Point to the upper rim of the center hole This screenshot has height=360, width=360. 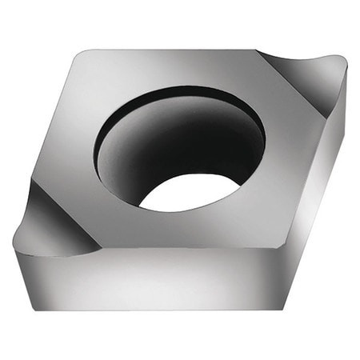click(180, 90)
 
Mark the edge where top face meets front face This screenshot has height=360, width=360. click(184, 246)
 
